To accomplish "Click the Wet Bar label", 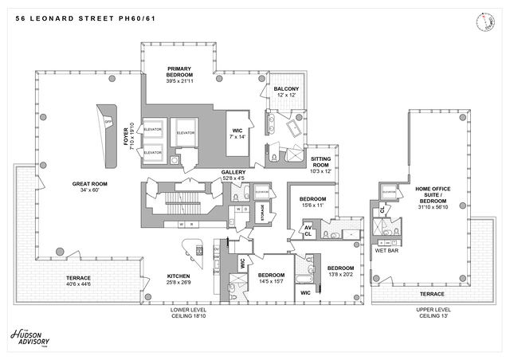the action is (x=386, y=249).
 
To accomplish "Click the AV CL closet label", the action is (x=307, y=232).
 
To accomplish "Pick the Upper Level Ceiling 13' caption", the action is (x=433, y=312).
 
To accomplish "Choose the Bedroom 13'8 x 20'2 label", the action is (x=340, y=271).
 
